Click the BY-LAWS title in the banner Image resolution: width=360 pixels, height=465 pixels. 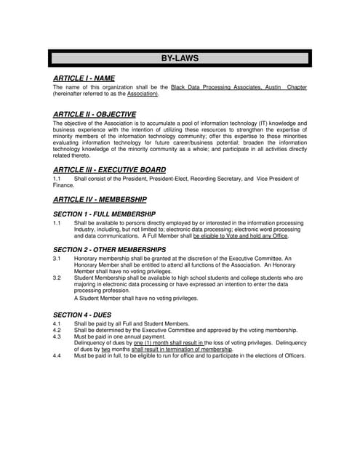[x=179, y=58]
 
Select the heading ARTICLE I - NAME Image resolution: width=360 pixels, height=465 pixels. [x=84, y=78]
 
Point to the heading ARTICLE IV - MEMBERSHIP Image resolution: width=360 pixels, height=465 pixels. [x=100, y=198]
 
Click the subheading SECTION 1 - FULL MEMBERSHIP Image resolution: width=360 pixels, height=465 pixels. [x=104, y=214]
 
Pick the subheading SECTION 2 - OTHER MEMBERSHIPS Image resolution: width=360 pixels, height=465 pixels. [x=110, y=250]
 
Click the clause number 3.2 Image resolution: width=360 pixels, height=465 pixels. [x=57, y=278]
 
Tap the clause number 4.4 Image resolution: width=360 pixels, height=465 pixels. [x=57, y=355]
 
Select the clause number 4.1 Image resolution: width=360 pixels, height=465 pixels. [x=57, y=323]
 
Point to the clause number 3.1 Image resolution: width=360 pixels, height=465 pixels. [x=57, y=259]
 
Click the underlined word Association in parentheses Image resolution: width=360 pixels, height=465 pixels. [x=143, y=94]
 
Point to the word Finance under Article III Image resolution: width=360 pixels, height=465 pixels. [x=64, y=185]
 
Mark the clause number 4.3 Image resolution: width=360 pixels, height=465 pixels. [x=57, y=336]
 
